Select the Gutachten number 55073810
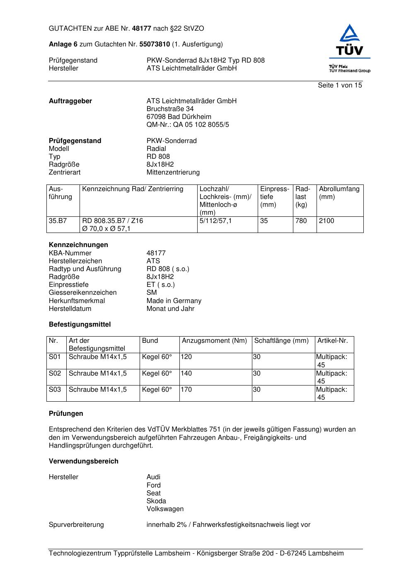(155, 44)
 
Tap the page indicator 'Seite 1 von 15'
(340, 85)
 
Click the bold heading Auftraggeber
(70, 101)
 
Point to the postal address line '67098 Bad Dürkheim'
(179, 117)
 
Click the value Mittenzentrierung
(173, 172)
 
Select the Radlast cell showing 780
(301, 221)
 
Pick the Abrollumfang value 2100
(326, 221)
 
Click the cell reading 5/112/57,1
(215, 221)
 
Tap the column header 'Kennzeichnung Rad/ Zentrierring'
(133, 189)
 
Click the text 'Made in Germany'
(174, 301)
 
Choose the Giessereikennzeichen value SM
(152, 293)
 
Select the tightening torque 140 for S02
(186, 373)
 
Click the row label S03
(55, 390)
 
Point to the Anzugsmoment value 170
(186, 390)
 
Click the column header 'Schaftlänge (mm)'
(281, 341)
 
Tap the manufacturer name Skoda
(156, 501)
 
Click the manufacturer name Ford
(153, 485)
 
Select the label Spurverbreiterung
(76, 525)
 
